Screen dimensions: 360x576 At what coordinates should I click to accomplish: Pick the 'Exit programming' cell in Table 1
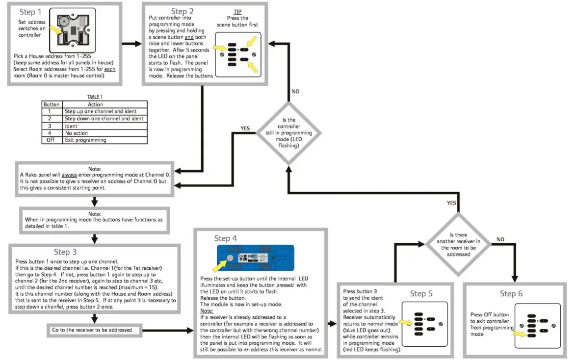tap(85, 140)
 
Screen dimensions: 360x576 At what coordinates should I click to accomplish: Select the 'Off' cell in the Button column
tap(52, 140)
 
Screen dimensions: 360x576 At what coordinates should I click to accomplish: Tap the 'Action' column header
tap(95, 104)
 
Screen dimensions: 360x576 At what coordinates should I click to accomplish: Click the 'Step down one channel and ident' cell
tap(104, 119)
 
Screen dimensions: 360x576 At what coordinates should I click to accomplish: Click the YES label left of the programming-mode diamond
tap(245, 128)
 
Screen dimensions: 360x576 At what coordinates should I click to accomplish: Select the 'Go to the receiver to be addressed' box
tap(92, 330)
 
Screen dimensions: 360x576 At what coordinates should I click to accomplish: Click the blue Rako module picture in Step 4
tap(255, 257)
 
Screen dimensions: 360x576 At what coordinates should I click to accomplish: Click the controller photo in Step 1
tap(74, 32)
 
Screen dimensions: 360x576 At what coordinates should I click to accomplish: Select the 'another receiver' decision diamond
tap(458, 242)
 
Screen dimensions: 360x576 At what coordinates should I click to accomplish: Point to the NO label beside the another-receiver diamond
tap(500, 239)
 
